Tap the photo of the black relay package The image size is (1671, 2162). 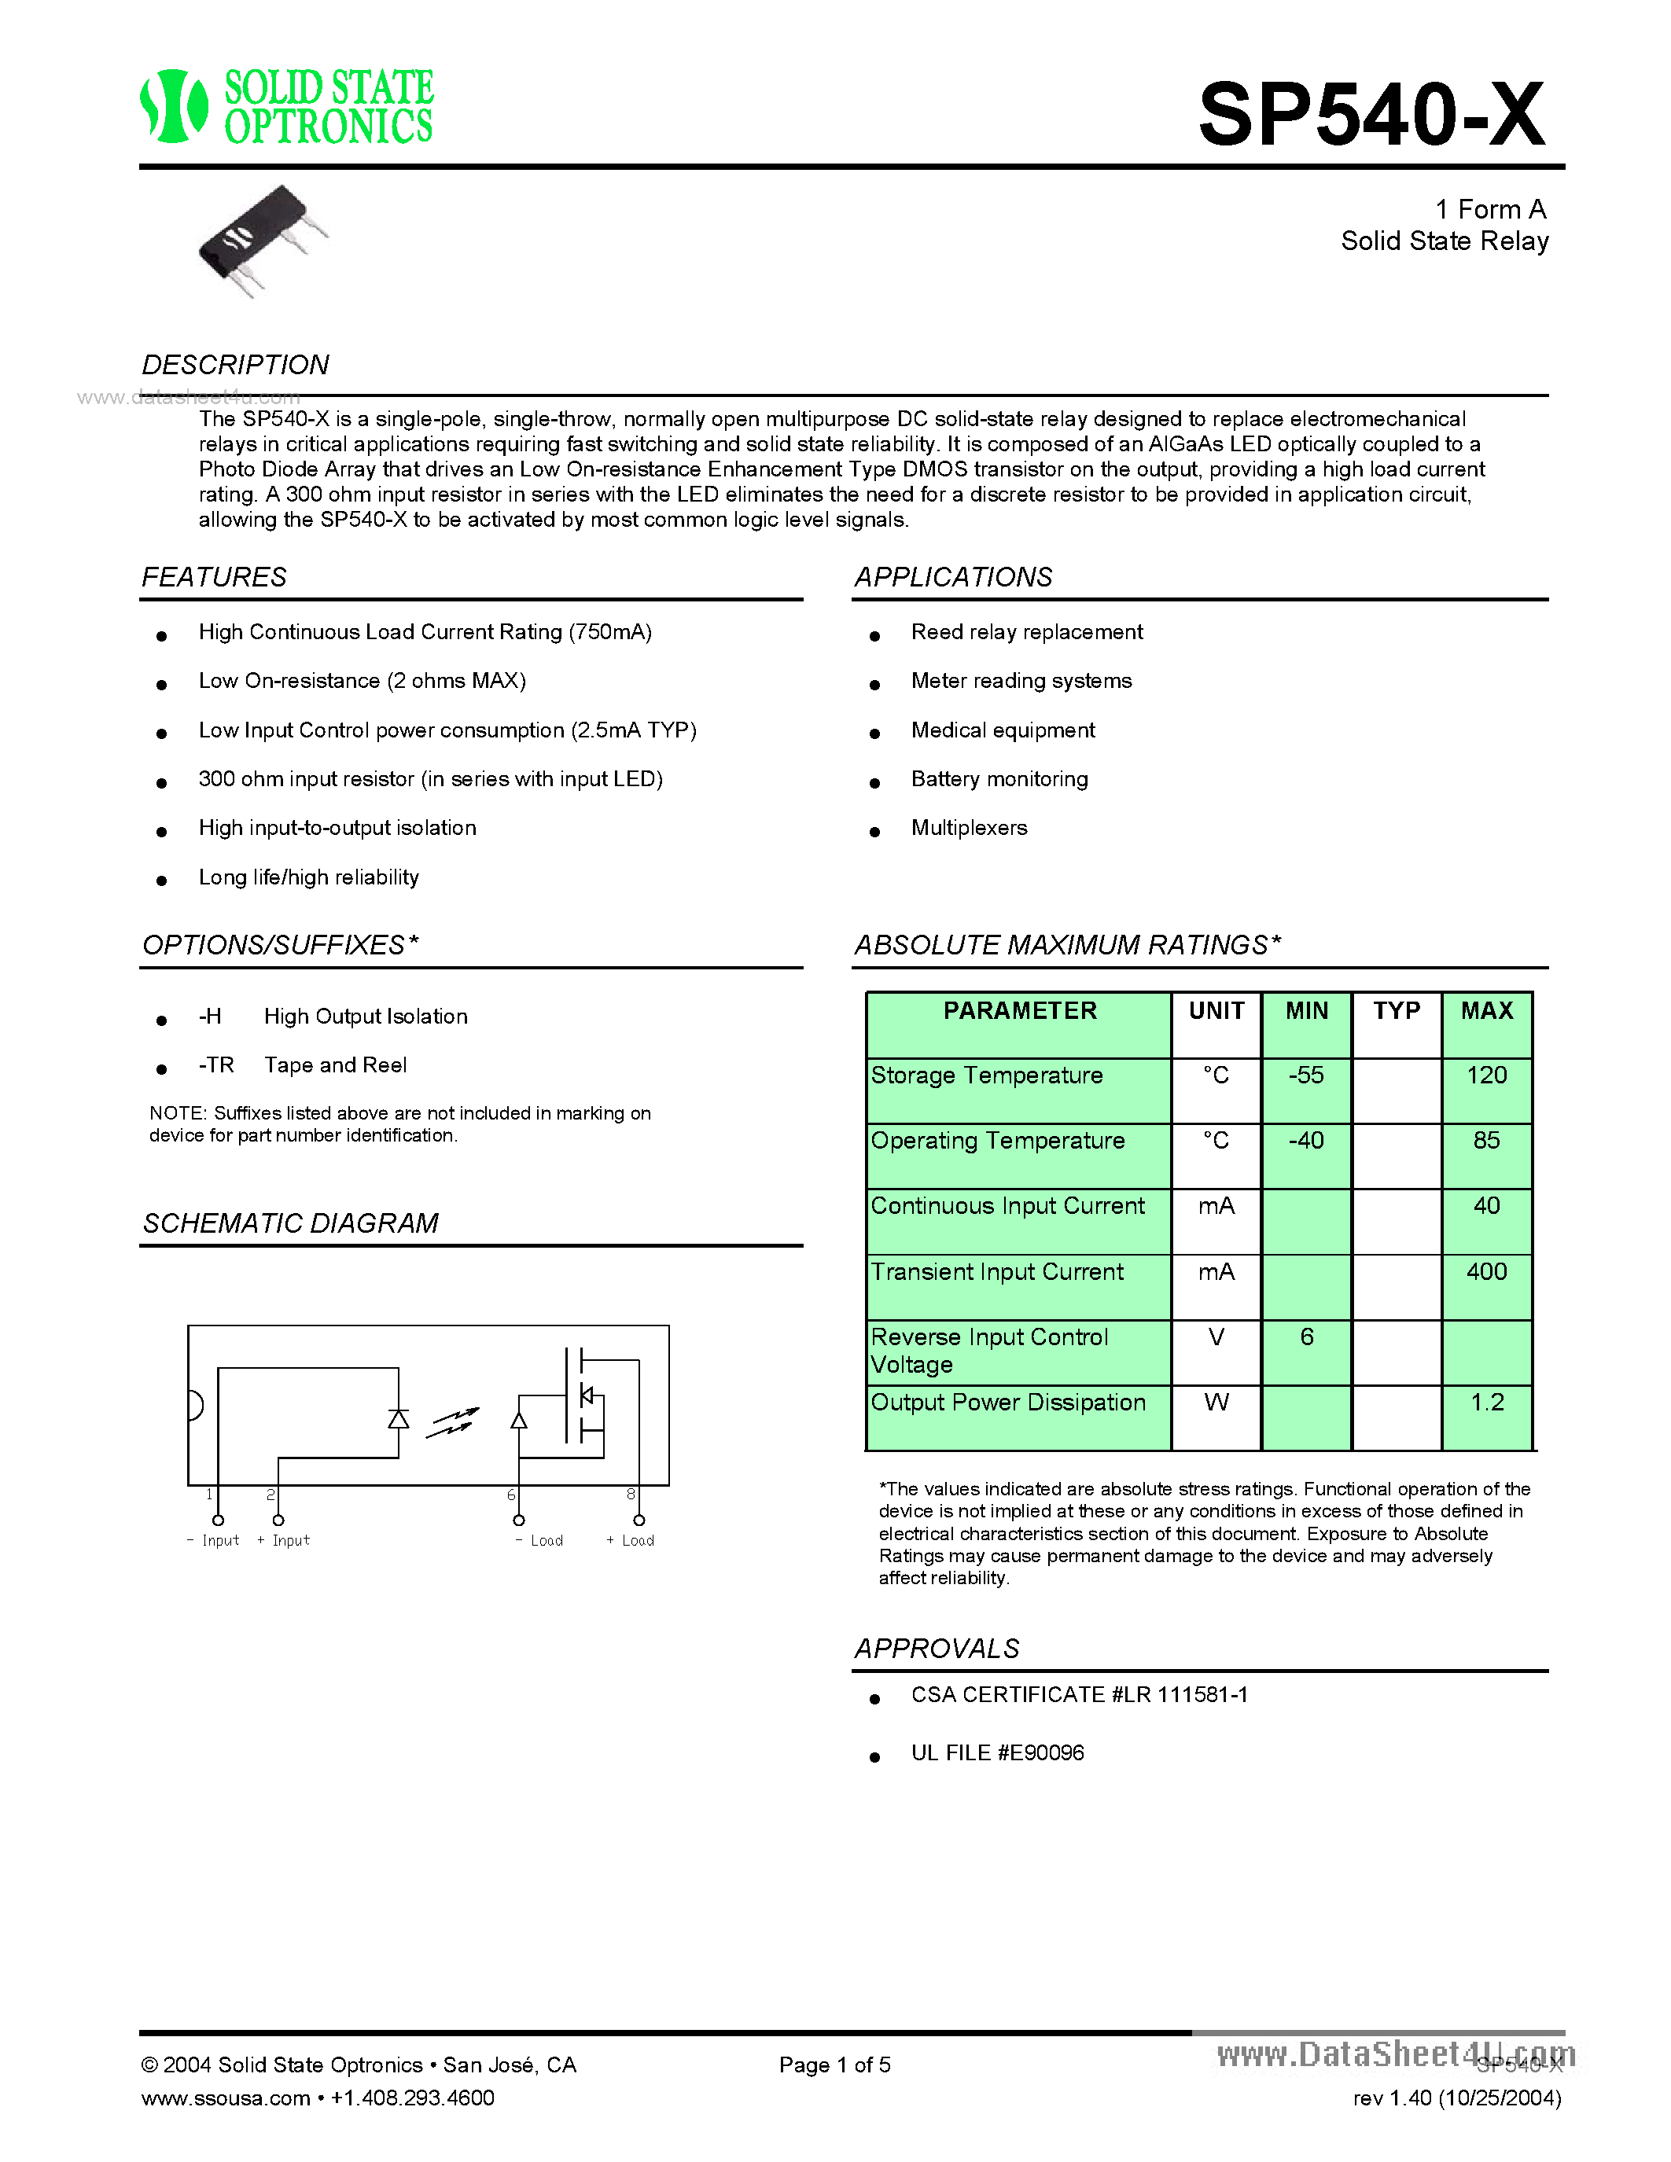pyautogui.click(x=260, y=241)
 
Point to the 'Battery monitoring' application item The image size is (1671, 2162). pyautogui.click(x=999, y=779)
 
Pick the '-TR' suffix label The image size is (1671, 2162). pyautogui.click(x=215, y=1065)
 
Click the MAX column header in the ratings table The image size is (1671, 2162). pyautogui.click(x=1486, y=1011)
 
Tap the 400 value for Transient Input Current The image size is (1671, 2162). pyautogui.click(x=1486, y=1271)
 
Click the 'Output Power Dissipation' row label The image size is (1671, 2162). pyautogui.click(x=1008, y=1403)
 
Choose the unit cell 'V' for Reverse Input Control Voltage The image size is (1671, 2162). pyautogui.click(x=1216, y=1337)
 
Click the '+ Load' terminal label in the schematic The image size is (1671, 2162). pyautogui.click(x=631, y=1540)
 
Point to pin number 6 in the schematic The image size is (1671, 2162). pyautogui.click(x=511, y=1495)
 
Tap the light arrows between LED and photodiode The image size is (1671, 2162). pyautogui.click(x=452, y=1422)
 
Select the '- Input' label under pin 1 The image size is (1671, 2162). pyautogui.click(x=213, y=1540)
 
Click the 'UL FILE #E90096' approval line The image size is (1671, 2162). pyautogui.click(x=997, y=1753)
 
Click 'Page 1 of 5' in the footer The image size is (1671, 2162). pyautogui.click(x=834, y=2065)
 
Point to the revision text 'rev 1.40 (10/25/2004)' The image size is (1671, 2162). pyautogui.click(x=1456, y=2098)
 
